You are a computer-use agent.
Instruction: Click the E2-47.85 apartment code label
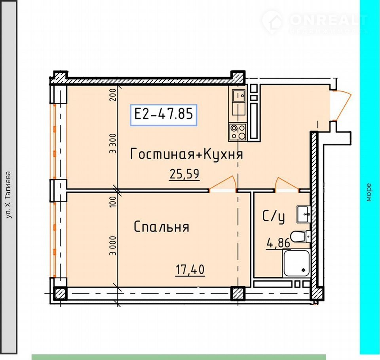point(163,114)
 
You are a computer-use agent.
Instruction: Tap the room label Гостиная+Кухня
point(186,154)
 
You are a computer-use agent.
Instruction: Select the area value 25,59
point(184,174)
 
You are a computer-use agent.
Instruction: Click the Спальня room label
point(161,227)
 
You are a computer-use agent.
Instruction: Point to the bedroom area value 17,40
point(190,269)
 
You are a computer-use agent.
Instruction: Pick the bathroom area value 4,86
point(278,243)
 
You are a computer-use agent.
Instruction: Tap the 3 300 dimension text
point(113,144)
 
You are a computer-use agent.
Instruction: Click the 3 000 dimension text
point(113,246)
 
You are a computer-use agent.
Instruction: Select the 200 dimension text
point(113,95)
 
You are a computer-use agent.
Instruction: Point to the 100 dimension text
point(113,202)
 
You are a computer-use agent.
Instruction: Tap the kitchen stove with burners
point(238,132)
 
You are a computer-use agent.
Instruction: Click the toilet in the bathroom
point(300,236)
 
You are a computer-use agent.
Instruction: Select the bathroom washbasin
point(304,214)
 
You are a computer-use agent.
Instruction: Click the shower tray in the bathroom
point(296,263)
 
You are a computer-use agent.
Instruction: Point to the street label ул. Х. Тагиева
point(8,195)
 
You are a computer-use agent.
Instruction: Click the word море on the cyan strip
point(369,193)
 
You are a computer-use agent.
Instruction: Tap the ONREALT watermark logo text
point(329,20)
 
